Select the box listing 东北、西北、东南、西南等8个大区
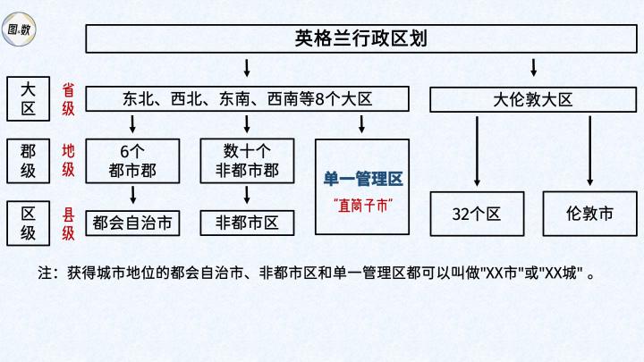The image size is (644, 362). (x=247, y=99)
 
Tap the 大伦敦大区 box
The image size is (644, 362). (x=533, y=99)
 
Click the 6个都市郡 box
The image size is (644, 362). (x=132, y=158)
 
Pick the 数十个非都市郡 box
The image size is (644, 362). (x=247, y=158)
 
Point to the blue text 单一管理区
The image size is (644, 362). (x=362, y=179)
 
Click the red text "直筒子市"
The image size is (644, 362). (x=362, y=206)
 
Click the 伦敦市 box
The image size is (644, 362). (x=590, y=215)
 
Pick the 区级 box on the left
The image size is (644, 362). (x=29, y=223)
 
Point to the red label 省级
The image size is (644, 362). (x=68, y=98)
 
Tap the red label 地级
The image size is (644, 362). (x=68, y=160)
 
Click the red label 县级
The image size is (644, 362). (x=68, y=223)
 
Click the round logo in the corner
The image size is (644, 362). (x=21, y=28)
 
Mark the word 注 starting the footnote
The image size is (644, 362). (x=46, y=272)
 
